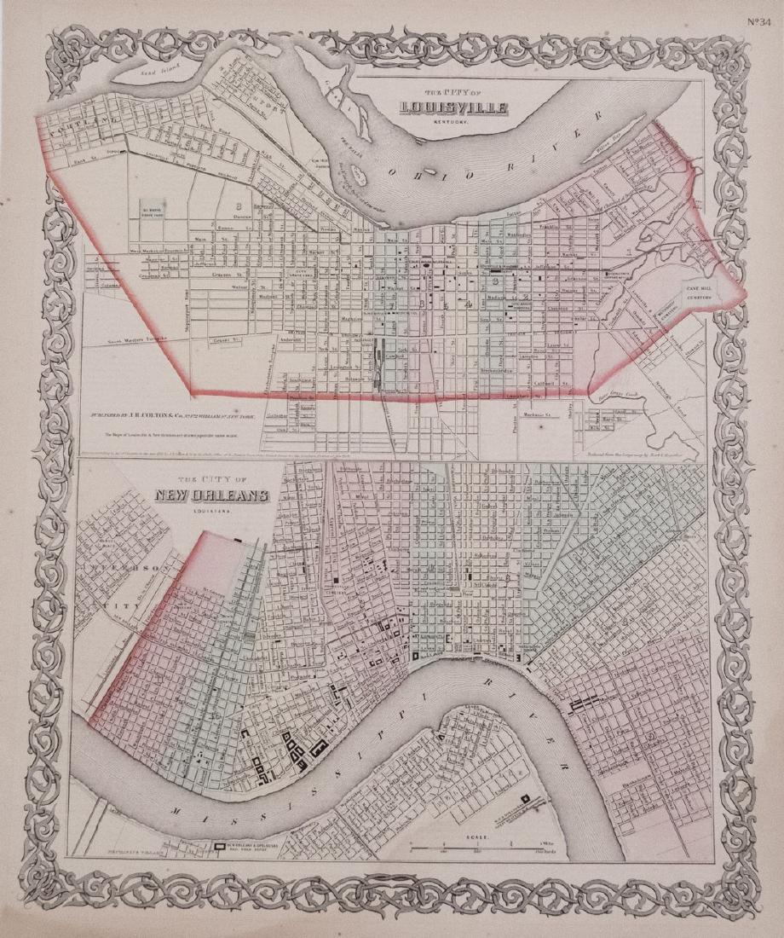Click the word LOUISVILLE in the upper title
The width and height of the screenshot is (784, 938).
pos(455,108)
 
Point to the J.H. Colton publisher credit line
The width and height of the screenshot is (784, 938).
pos(186,418)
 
